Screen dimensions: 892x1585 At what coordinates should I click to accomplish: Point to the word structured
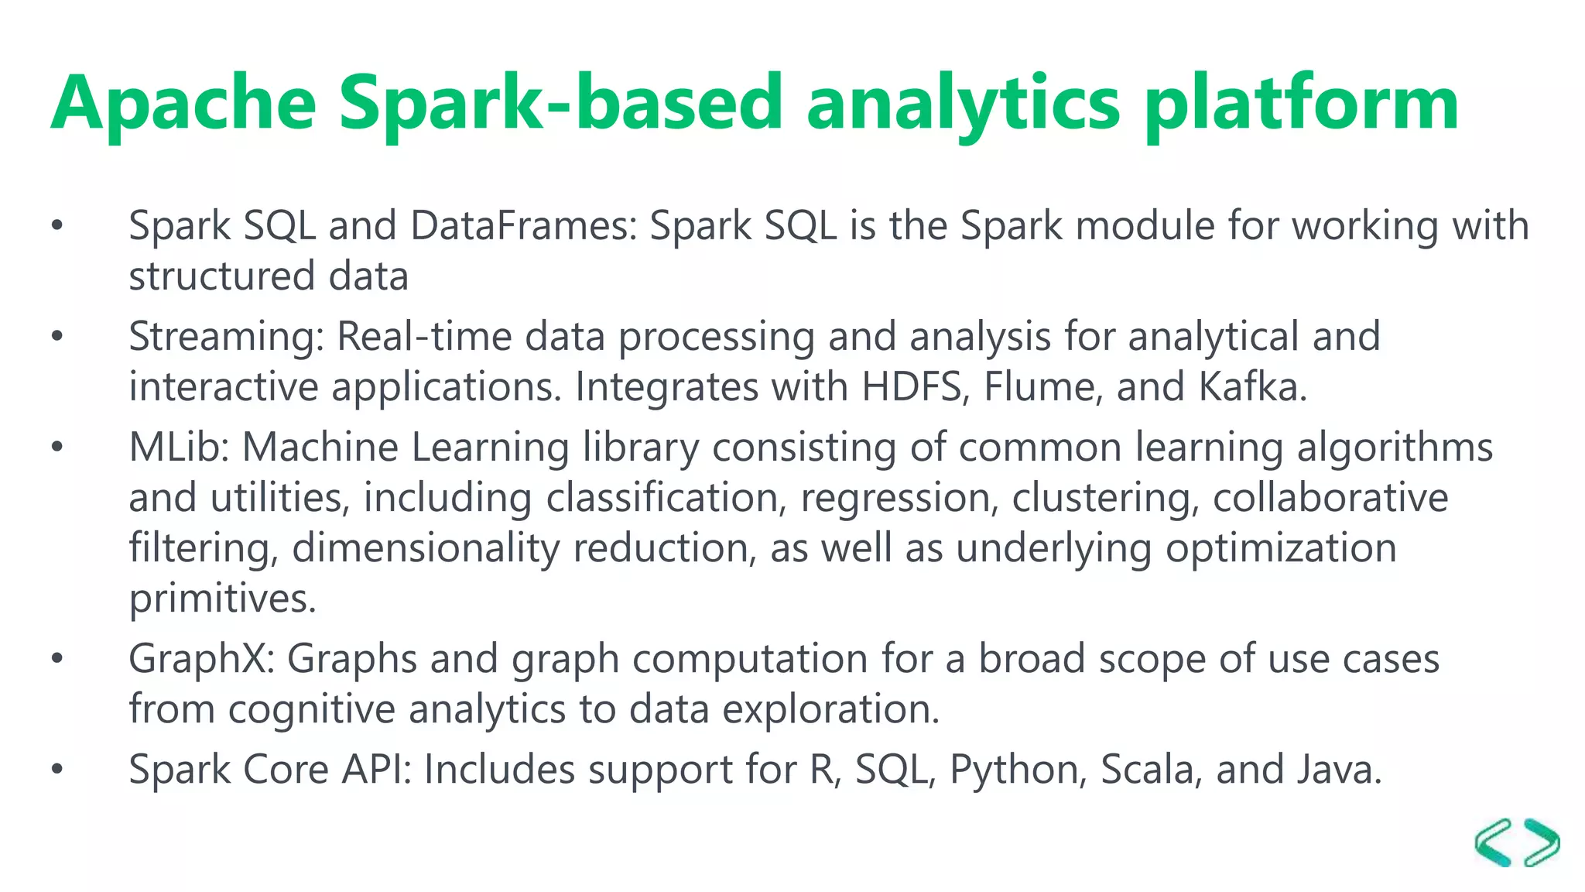point(221,276)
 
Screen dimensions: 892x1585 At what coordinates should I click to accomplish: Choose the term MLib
point(179,448)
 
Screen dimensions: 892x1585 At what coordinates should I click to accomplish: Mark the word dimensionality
point(426,548)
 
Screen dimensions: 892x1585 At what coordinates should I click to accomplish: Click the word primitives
point(222,599)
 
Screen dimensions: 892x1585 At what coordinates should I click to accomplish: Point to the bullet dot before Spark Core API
point(56,770)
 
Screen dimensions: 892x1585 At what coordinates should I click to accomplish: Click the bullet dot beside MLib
point(56,448)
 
